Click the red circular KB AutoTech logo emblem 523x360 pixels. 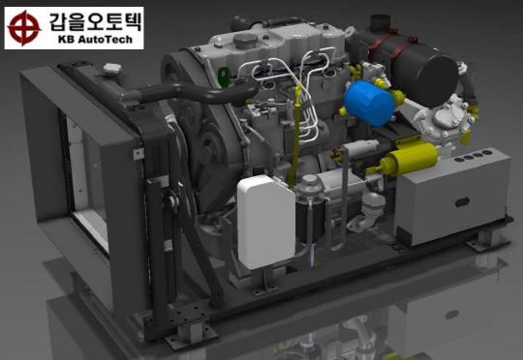[24, 28]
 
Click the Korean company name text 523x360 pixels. [95, 21]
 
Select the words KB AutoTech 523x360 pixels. [95, 40]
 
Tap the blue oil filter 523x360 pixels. [369, 103]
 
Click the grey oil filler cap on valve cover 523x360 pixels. [245, 41]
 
